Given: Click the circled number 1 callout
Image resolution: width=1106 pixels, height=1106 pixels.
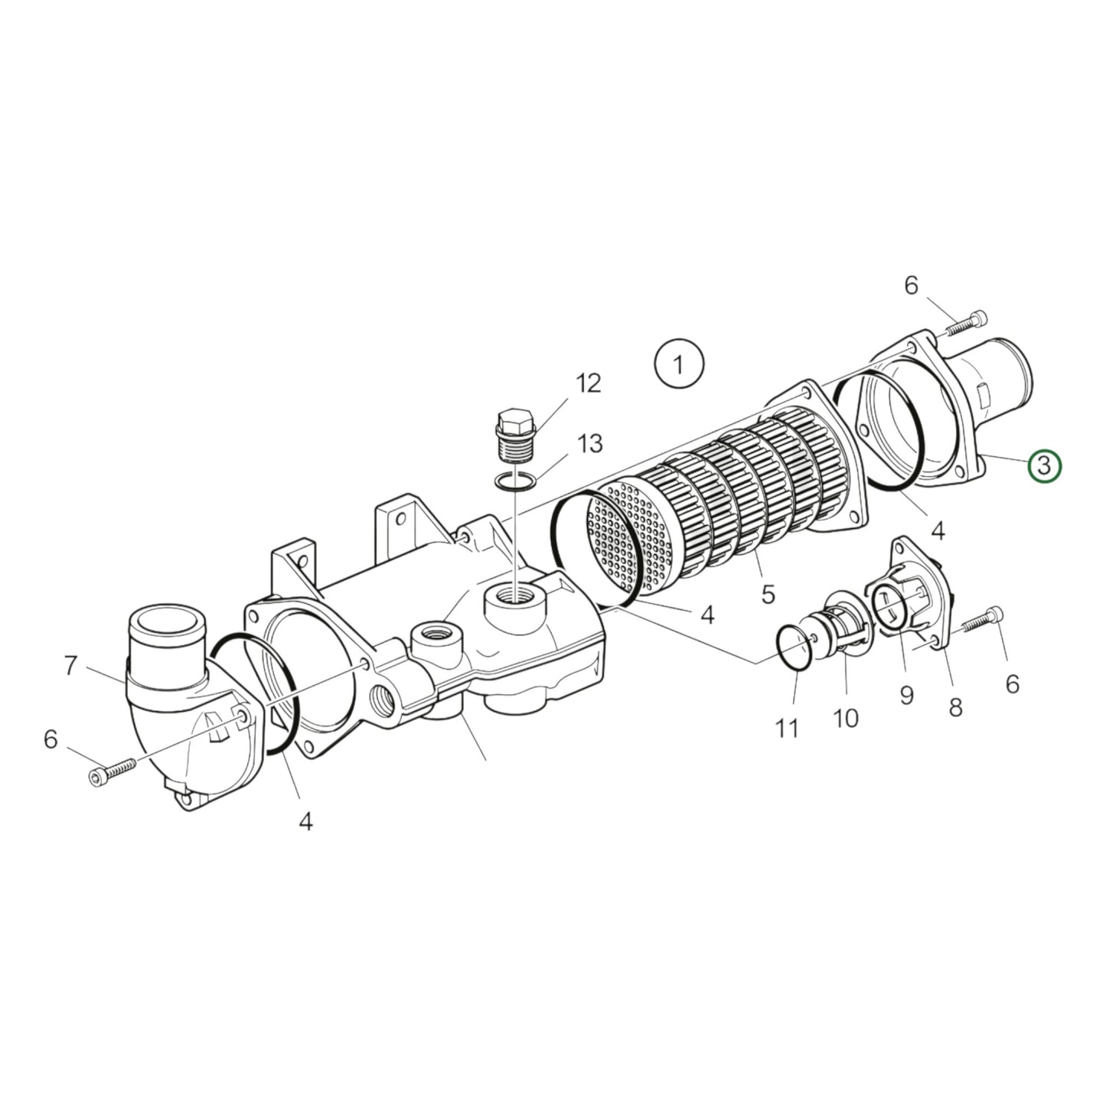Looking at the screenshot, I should point(679,364).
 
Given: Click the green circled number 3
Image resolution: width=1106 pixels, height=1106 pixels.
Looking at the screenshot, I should point(1045,466).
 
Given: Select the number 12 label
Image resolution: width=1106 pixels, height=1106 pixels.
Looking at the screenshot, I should point(589,383).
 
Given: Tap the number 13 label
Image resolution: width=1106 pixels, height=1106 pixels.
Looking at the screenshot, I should point(589,443).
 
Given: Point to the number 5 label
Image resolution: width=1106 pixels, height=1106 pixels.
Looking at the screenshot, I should point(768,592).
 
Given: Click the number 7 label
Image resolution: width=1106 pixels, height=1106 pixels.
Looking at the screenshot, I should point(70,666).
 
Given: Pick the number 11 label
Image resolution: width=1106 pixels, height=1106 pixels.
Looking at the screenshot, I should point(787,728).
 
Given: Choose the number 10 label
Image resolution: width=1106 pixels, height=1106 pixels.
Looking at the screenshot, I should point(846,717).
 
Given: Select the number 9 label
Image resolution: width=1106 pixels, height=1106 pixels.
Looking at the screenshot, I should point(906,695).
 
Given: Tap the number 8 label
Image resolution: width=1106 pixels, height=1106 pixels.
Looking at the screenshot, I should point(955,707).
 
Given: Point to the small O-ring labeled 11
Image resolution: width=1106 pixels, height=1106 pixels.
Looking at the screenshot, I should point(795,648).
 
